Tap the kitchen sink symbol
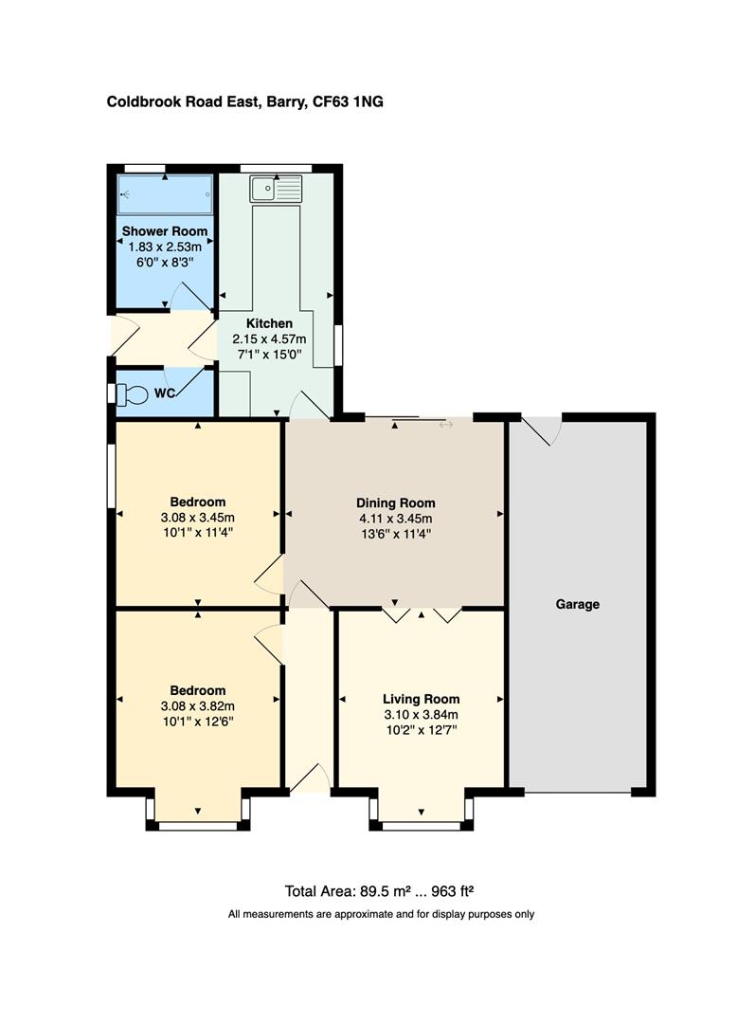(276, 189)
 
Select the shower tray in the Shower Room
(165, 195)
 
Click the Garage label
(577, 604)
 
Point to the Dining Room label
(395, 503)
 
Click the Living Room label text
(421, 700)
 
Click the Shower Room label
(164, 230)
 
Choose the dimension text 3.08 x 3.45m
(197, 518)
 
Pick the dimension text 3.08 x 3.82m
(197, 705)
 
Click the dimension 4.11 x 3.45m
(395, 519)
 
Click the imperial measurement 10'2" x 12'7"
(421, 730)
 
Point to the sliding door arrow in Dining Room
(445, 424)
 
